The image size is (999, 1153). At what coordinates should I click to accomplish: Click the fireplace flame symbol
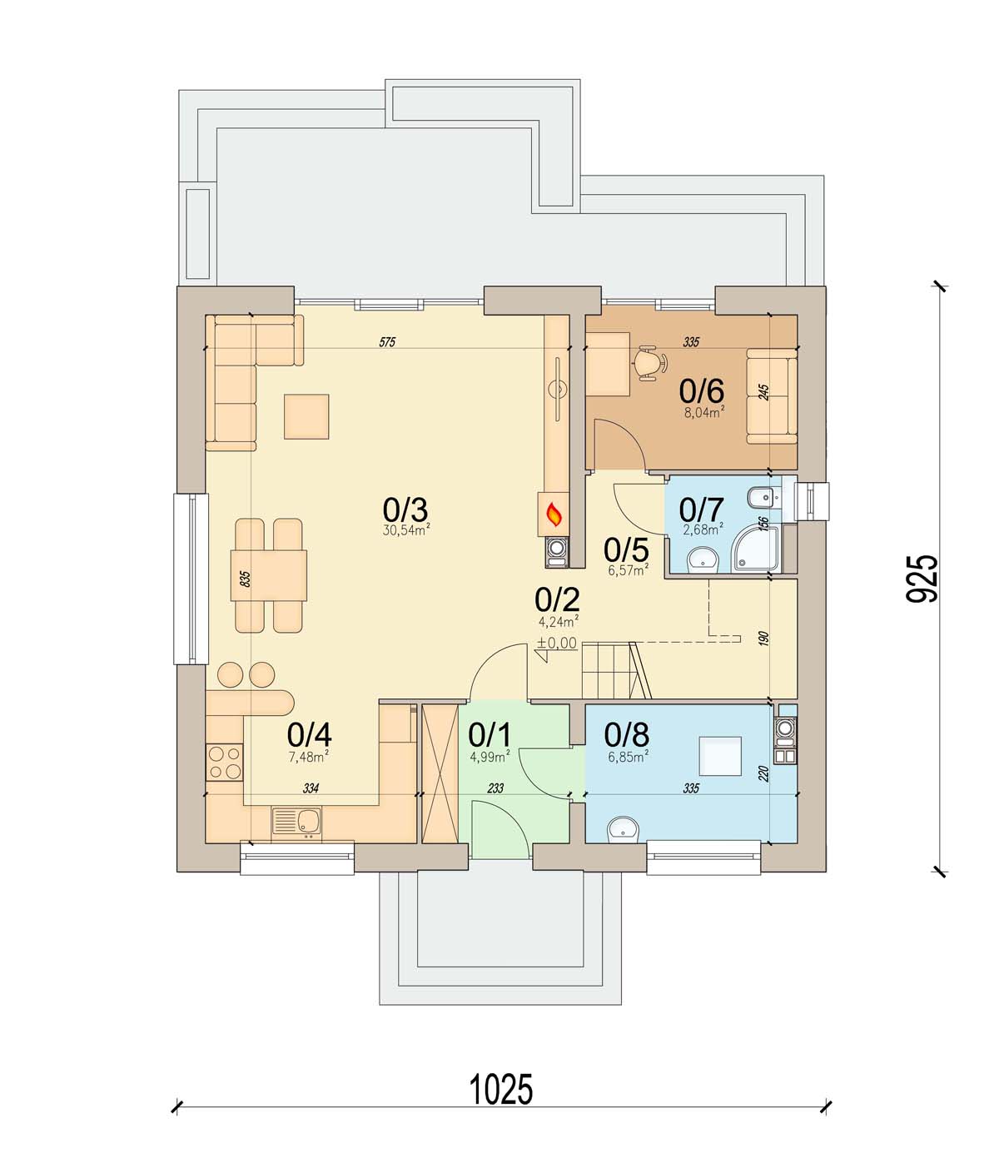click(x=554, y=514)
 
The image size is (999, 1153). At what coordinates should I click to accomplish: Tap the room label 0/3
click(x=405, y=509)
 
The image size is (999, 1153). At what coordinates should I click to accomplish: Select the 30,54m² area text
click(x=405, y=530)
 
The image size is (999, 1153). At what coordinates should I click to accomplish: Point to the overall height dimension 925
click(x=922, y=579)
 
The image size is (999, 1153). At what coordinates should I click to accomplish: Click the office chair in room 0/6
click(x=650, y=363)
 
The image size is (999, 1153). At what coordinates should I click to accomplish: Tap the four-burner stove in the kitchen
click(x=225, y=763)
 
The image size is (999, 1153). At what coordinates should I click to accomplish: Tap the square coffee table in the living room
click(x=306, y=417)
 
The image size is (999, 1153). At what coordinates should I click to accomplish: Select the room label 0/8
click(x=626, y=735)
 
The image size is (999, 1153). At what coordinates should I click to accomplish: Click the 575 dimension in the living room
click(x=387, y=342)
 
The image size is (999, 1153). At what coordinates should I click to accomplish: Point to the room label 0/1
click(x=490, y=735)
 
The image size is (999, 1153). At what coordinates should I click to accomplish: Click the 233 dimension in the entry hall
click(x=495, y=788)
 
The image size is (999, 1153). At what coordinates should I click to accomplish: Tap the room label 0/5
click(x=626, y=550)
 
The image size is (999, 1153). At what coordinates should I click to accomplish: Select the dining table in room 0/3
click(x=269, y=575)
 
